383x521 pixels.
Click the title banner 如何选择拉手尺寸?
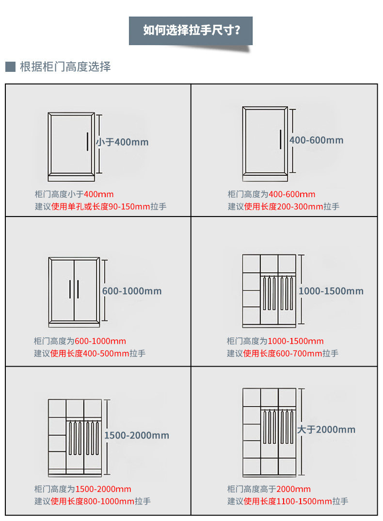[x=191, y=31]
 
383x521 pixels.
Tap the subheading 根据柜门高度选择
[x=65, y=67]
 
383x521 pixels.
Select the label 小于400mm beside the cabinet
[x=122, y=142]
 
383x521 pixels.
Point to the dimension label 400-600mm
[x=316, y=140]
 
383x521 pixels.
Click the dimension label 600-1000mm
[x=132, y=291]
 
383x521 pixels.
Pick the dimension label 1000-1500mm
[x=331, y=291]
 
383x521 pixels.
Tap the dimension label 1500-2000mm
[x=137, y=436]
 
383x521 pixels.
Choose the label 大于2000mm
[x=326, y=430]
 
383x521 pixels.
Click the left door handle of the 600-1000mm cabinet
[x=70, y=290]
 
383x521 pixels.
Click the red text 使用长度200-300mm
[x=283, y=207]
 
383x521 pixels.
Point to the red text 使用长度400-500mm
[x=90, y=353]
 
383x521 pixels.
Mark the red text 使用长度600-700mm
[x=283, y=353]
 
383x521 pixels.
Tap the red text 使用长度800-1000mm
[x=92, y=502]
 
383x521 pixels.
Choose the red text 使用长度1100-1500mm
[x=287, y=502]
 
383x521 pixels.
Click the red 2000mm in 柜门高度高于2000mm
[x=293, y=489]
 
